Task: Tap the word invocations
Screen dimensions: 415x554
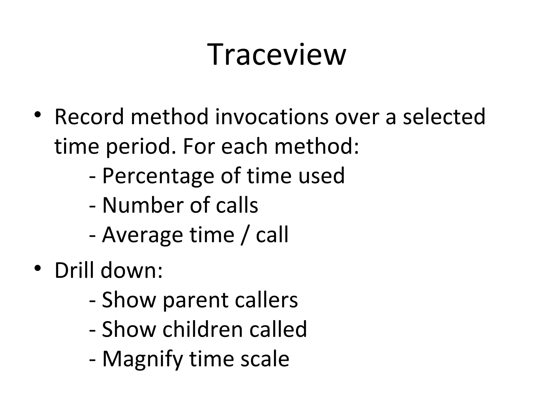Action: [x=272, y=117]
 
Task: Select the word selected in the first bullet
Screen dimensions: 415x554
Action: [x=444, y=117]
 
